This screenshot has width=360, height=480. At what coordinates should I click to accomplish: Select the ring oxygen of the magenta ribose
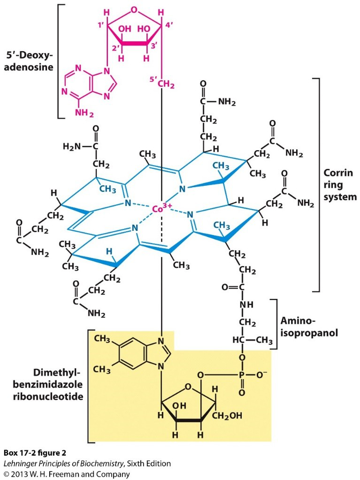click(134, 9)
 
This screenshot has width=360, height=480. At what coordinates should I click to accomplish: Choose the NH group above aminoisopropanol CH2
click(245, 305)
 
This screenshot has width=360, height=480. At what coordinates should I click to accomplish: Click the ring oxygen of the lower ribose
click(188, 388)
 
